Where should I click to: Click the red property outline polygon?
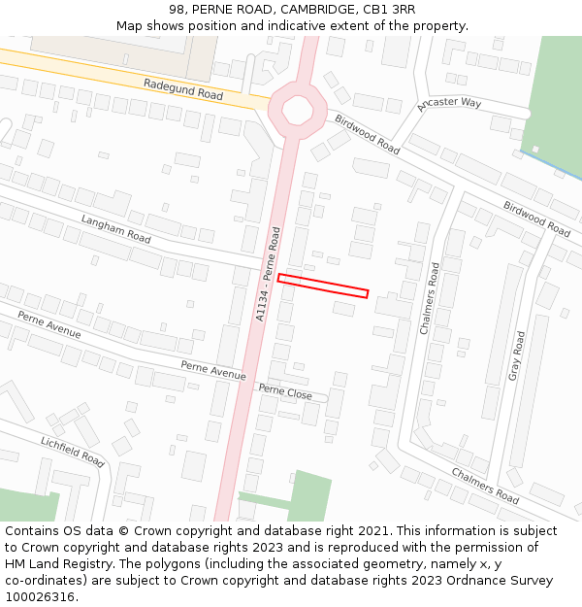point(323,286)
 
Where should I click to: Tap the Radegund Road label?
point(183,89)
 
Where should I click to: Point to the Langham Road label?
point(116,230)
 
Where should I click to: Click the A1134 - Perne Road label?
point(268,274)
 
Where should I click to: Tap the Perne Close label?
point(285,391)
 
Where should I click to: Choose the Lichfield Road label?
point(72,452)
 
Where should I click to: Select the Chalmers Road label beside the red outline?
point(430,298)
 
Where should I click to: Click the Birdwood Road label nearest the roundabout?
point(368,134)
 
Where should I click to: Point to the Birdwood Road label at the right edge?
point(536,219)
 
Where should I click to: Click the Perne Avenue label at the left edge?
point(49,324)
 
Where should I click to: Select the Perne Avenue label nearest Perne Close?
point(213,369)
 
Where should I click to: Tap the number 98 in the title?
point(178,10)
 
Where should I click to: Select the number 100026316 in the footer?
point(39,596)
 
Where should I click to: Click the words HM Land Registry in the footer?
point(50,564)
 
